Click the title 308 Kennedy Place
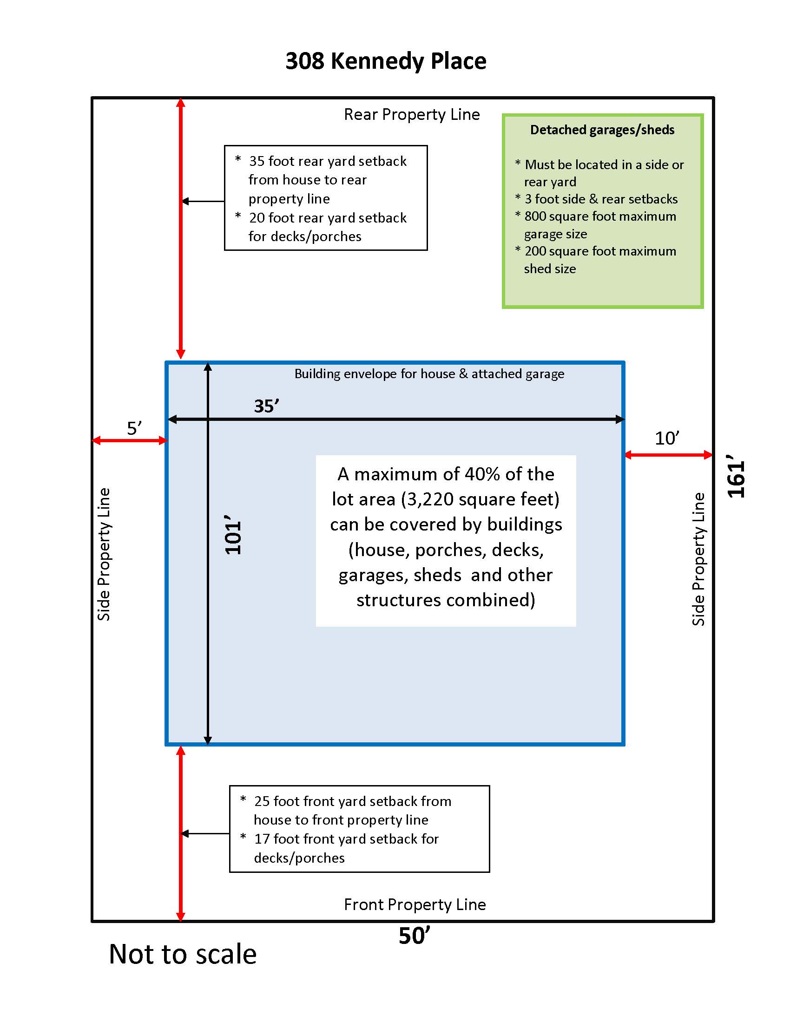pos(386,61)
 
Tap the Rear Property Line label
pos(411,115)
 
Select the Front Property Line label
pos(414,904)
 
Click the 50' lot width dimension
pos(414,936)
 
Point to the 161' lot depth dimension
pos(736,476)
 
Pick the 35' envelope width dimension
pos(266,406)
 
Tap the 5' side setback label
pos(134,428)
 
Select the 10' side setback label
pos(666,439)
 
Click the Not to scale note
pos(183,955)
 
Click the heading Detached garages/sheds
pos(602,130)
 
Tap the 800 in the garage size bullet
pos(535,216)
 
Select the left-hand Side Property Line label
pos(104,554)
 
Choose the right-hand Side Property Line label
pos(698,559)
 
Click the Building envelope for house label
pos(429,374)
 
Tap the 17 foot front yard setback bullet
pos(346,839)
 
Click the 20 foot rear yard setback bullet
pos(327,218)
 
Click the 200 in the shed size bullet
pos(535,251)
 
